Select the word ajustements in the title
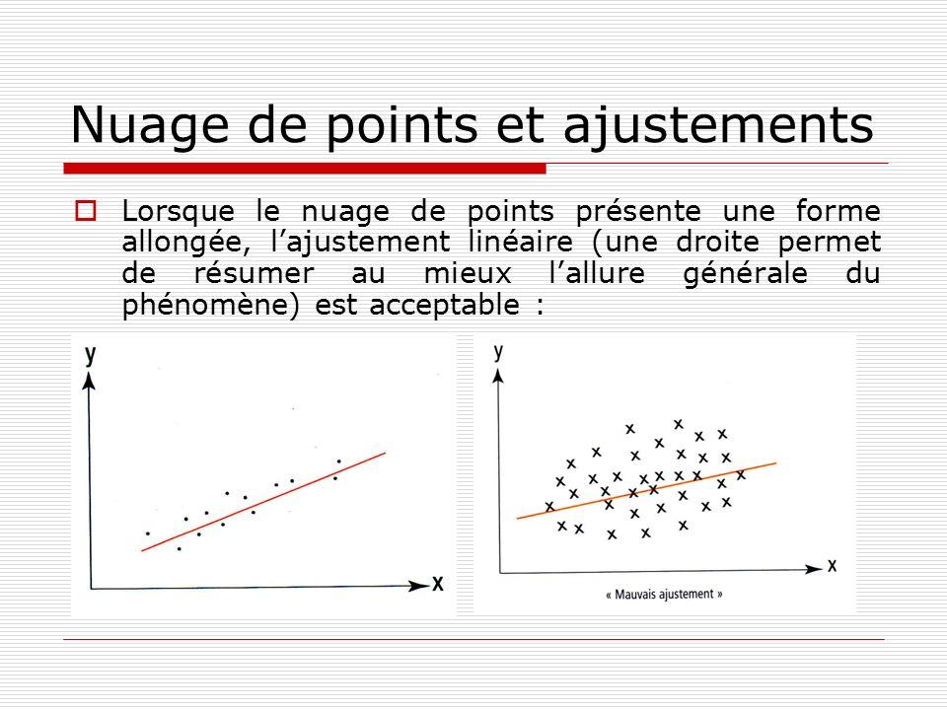[719, 124]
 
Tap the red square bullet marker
[86, 211]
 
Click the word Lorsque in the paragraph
[179, 211]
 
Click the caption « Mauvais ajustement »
[664, 594]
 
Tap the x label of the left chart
[438, 584]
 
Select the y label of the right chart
[498, 351]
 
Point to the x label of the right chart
[832, 566]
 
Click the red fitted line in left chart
[263, 502]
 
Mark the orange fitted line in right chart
[646, 491]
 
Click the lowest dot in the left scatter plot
[180, 549]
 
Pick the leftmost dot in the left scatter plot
[147, 533]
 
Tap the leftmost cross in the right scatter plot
[549, 506]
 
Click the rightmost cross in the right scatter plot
[741, 475]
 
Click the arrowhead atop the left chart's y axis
[90, 382]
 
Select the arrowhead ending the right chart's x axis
[814, 568]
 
